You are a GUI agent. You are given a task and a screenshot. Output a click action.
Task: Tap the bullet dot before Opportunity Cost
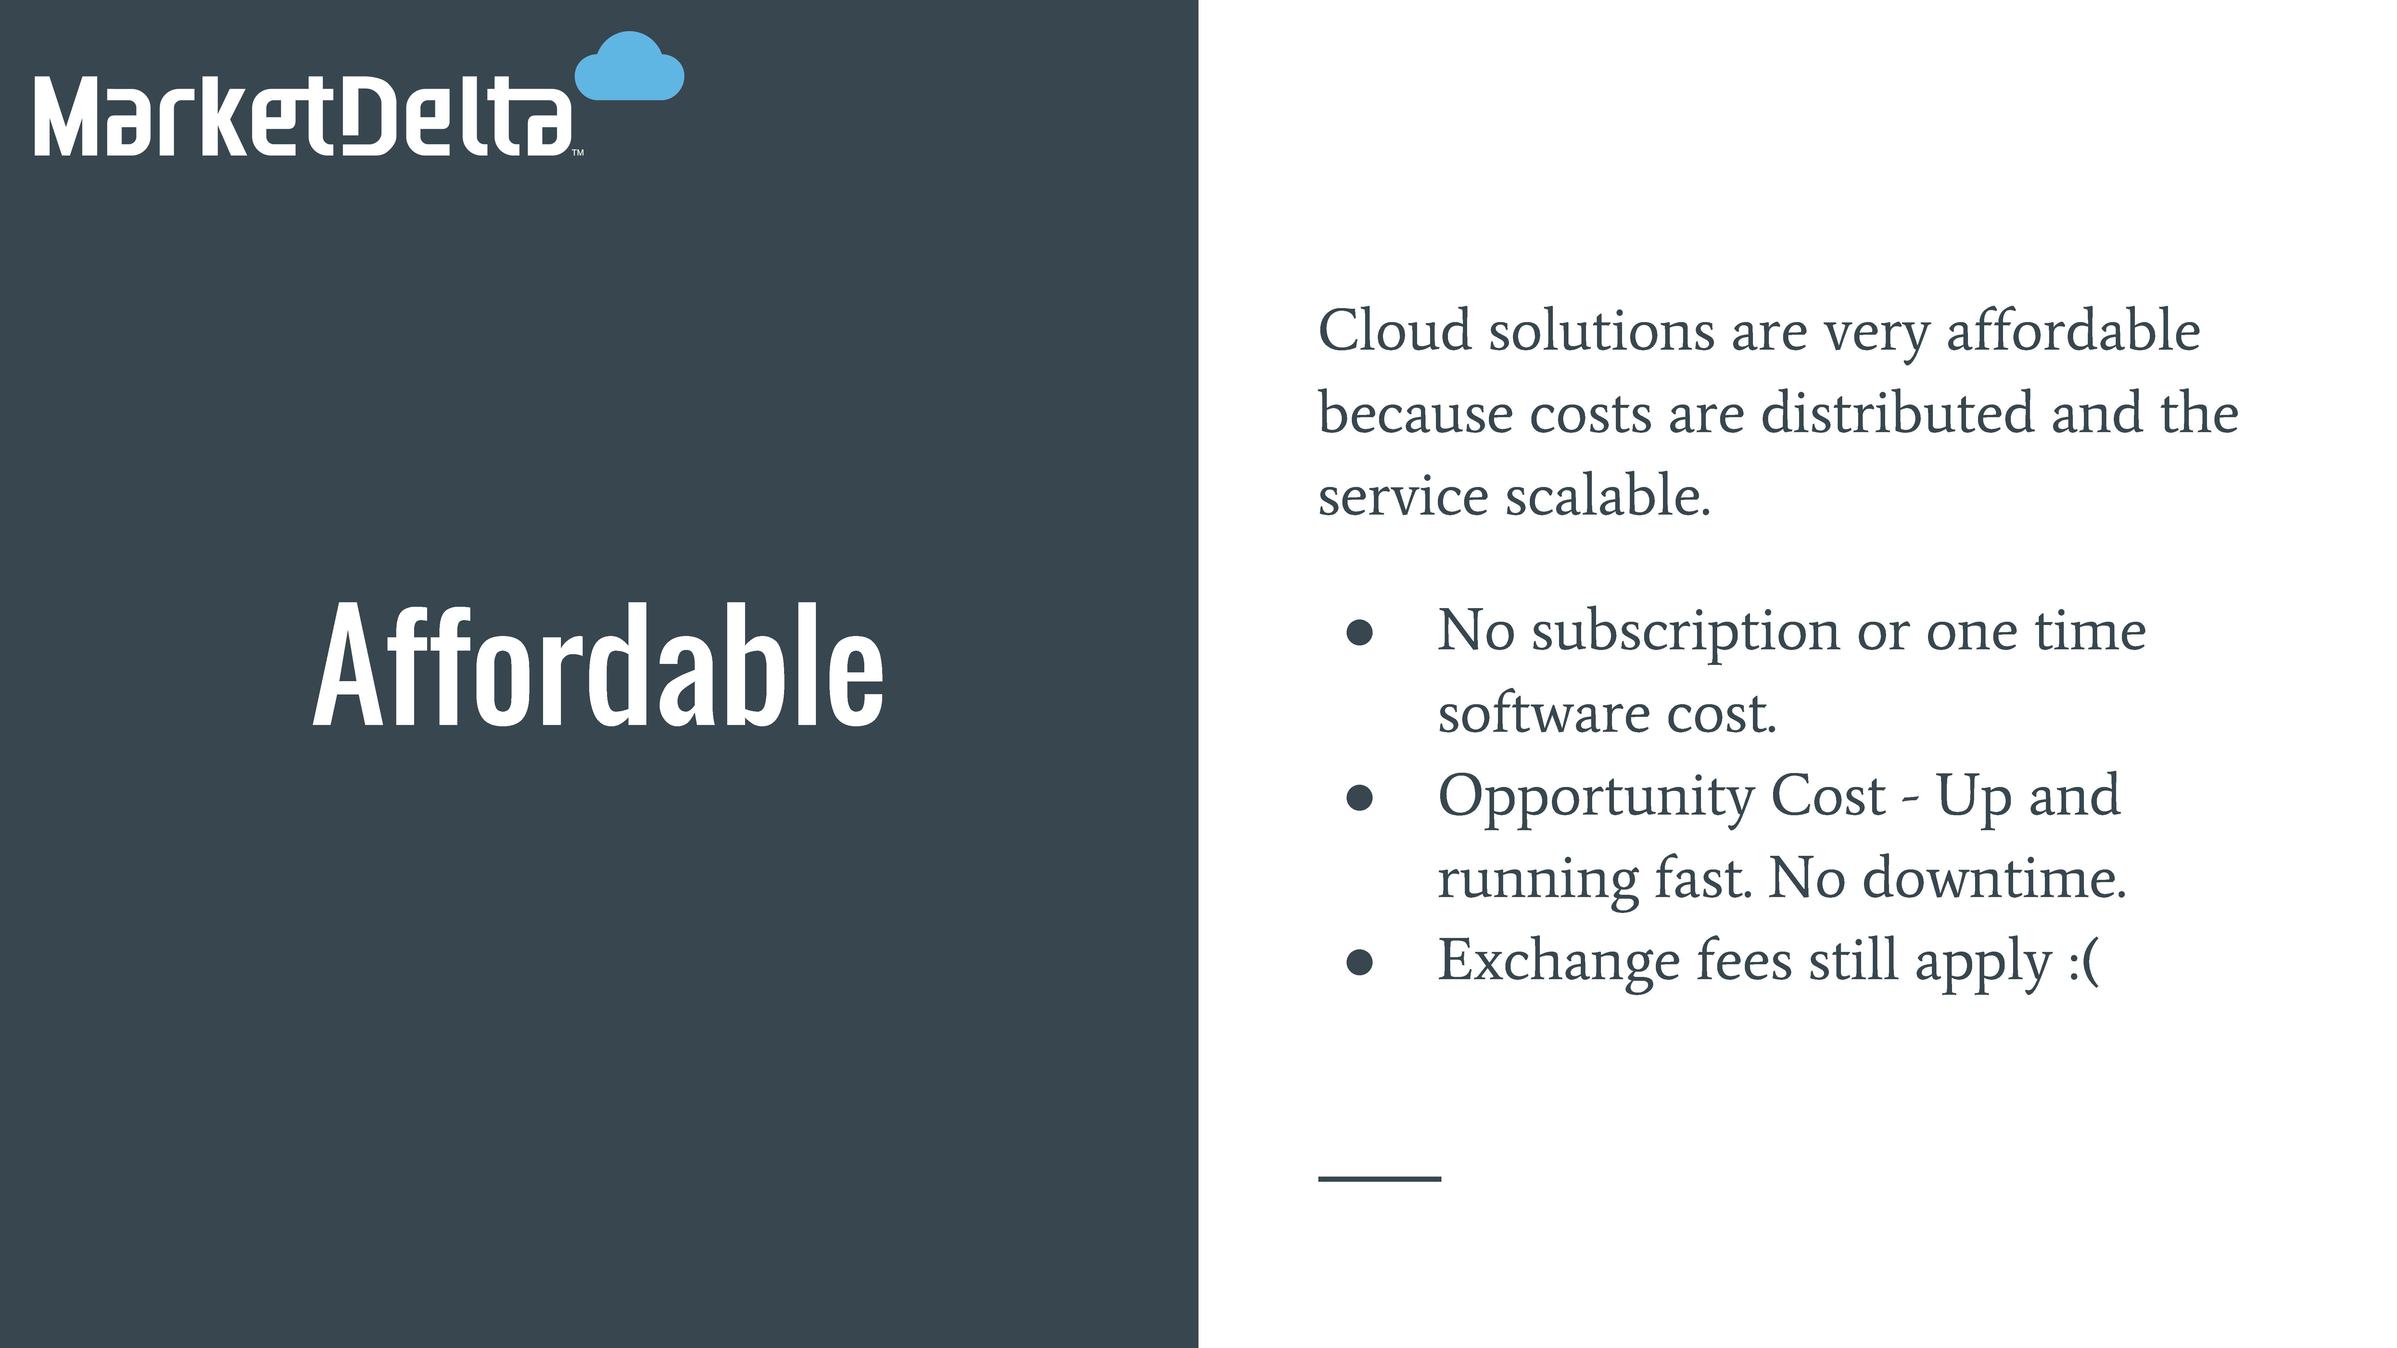tap(1360, 797)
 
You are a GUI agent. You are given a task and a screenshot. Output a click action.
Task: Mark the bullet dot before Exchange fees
tap(1360, 963)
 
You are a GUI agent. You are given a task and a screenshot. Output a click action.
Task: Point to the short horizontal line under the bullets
tap(1379, 1179)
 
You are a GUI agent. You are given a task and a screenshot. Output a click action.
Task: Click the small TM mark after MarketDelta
tap(577, 153)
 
